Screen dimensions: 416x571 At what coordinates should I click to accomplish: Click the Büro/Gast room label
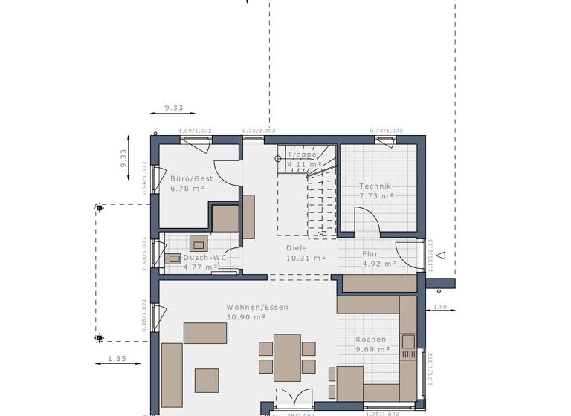click(x=191, y=179)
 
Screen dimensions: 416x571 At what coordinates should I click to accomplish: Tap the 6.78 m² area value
click(x=187, y=189)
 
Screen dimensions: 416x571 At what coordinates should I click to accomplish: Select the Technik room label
click(x=375, y=186)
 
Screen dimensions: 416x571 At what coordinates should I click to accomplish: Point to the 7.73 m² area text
click(x=375, y=196)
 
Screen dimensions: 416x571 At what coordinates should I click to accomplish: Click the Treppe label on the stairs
click(x=302, y=155)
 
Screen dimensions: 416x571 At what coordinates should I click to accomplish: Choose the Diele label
click(x=297, y=249)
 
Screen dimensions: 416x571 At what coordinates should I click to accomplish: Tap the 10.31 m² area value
click(x=306, y=259)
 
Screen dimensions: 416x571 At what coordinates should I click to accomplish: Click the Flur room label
click(x=370, y=254)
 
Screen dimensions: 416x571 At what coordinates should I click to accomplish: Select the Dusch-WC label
click(x=204, y=258)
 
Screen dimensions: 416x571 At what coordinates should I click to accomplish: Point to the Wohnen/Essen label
click(x=257, y=307)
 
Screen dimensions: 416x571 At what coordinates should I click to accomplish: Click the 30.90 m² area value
click(x=246, y=317)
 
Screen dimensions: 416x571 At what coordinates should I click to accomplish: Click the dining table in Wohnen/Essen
click(x=287, y=357)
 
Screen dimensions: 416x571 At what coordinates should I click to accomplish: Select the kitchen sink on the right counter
click(x=407, y=342)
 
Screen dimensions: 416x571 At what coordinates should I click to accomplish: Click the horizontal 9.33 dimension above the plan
click(x=173, y=108)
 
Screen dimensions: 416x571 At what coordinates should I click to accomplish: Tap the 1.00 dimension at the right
click(x=439, y=307)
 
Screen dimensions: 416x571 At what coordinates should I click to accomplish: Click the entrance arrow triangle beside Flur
click(x=440, y=256)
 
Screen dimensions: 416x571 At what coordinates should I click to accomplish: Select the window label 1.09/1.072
click(x=195, y=131)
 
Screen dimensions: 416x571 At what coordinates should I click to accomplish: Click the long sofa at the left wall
click(x=172, y=374)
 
